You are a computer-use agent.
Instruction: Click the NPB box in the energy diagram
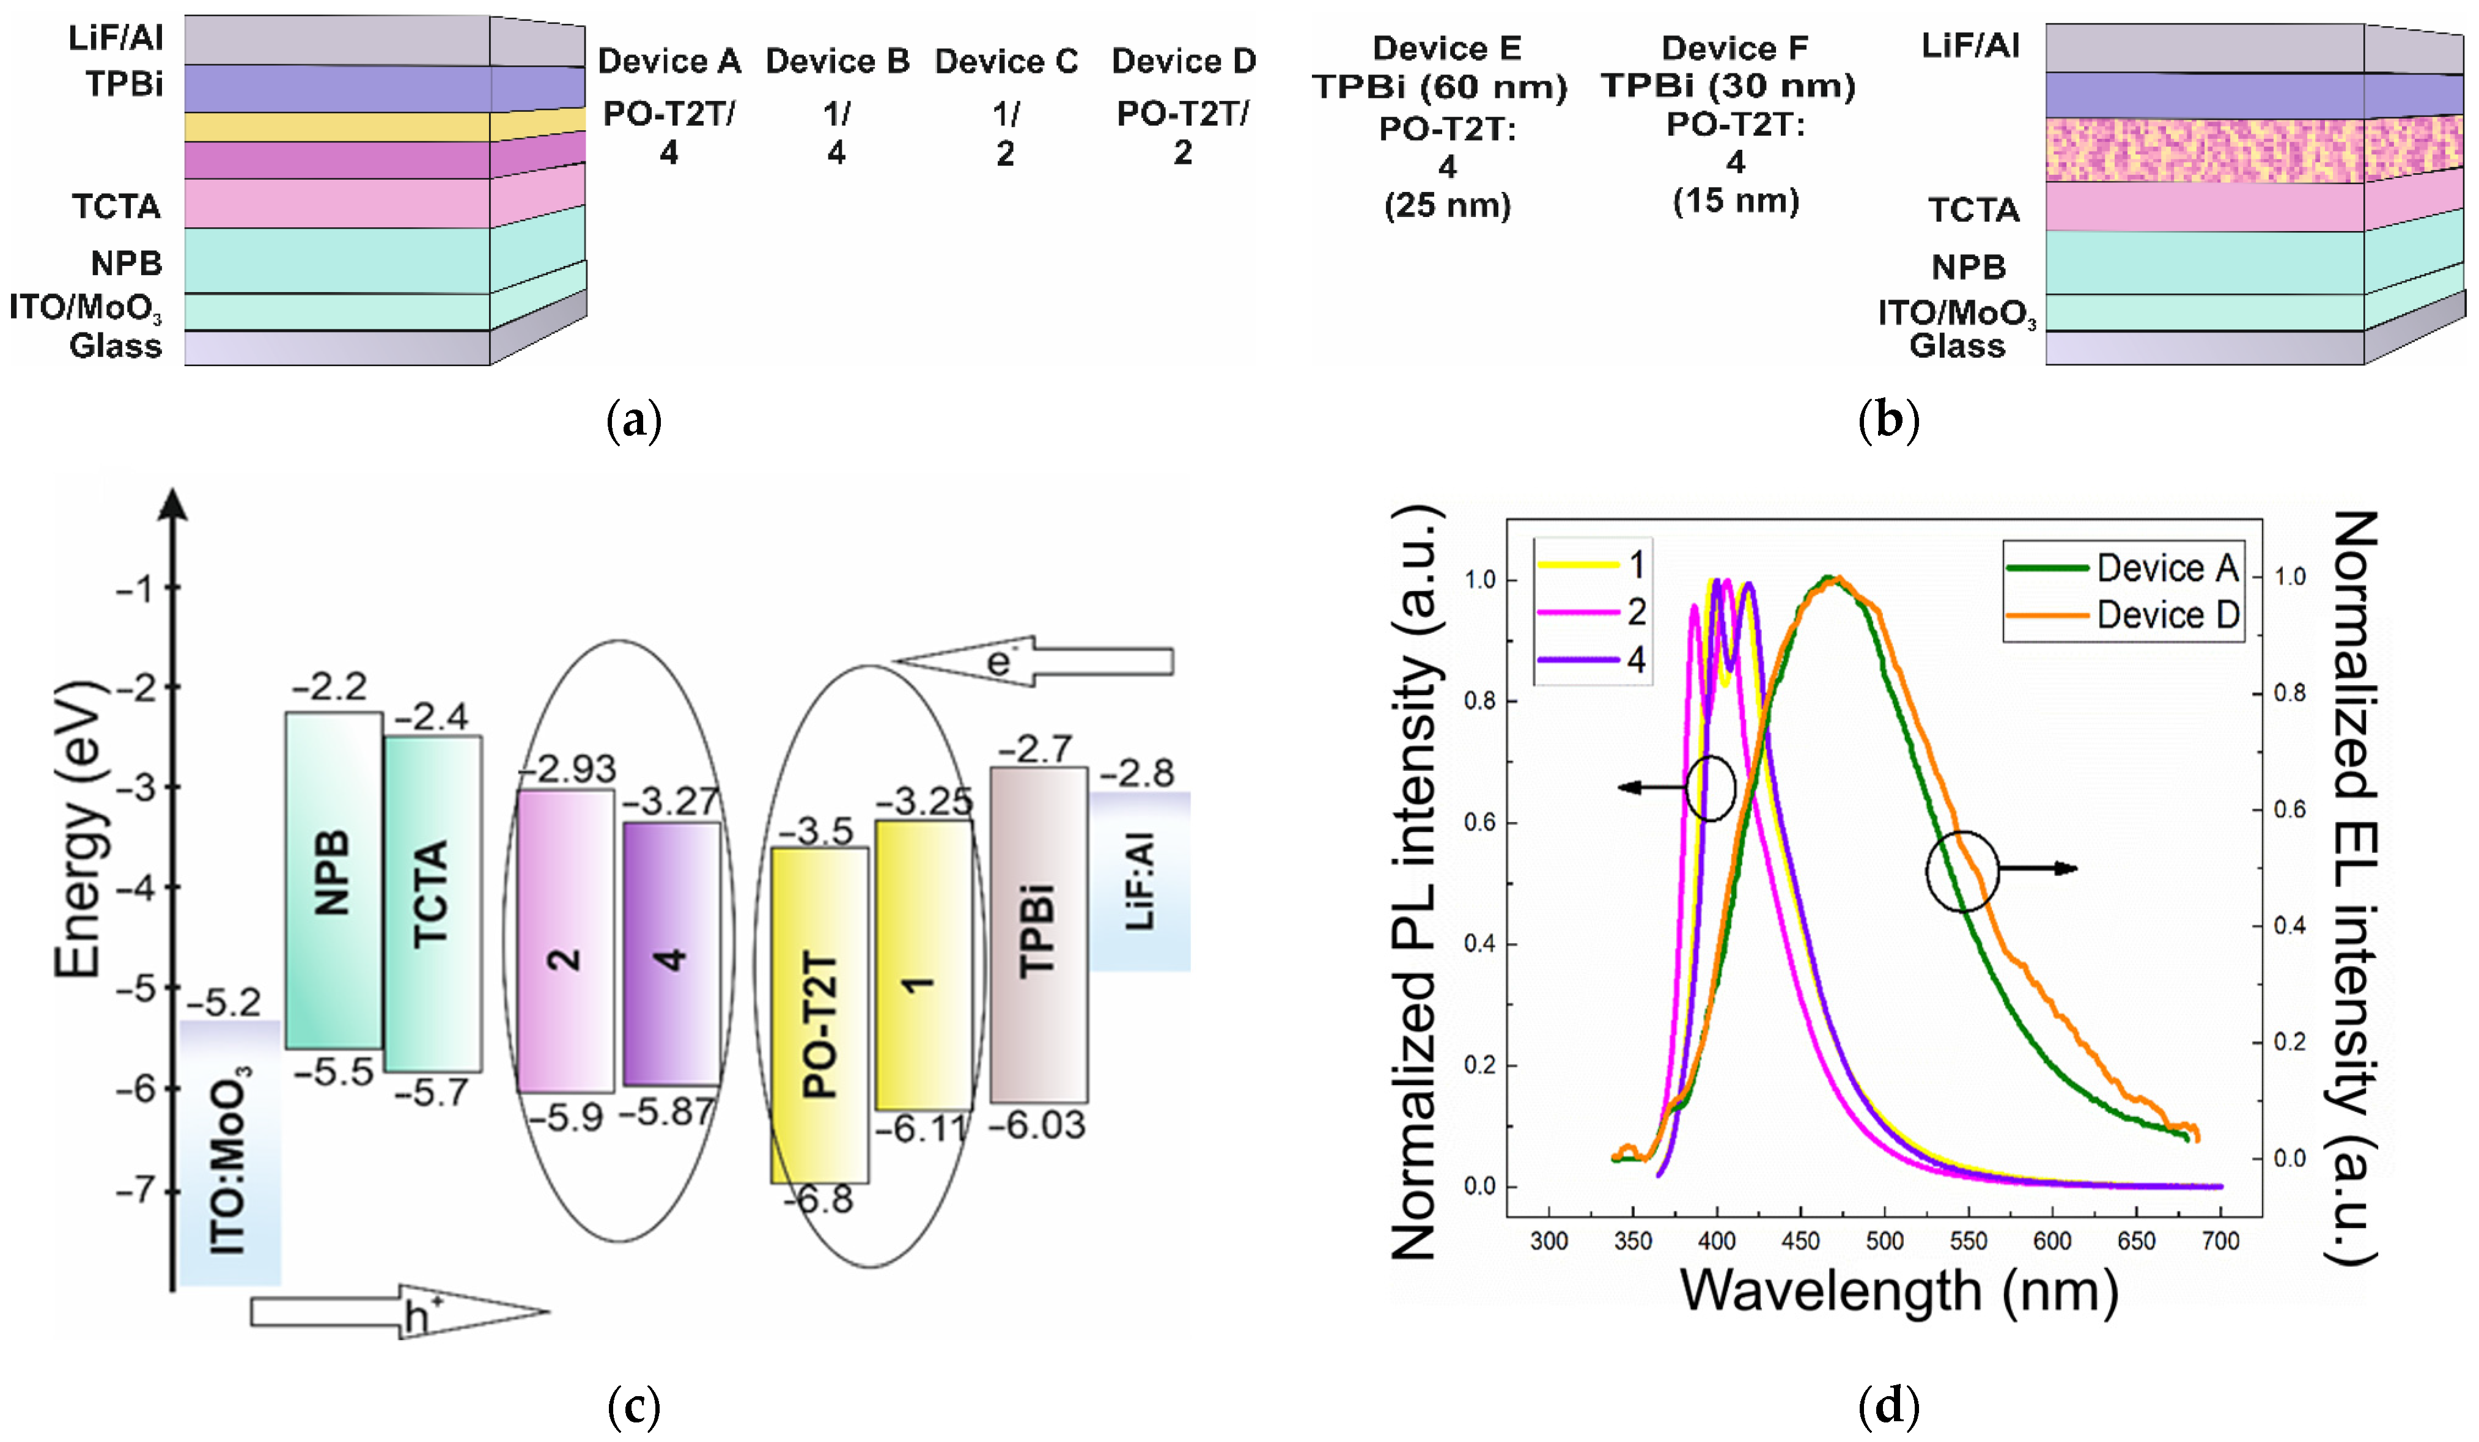pos(333,880)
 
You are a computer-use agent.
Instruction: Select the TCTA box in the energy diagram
pos(433,903)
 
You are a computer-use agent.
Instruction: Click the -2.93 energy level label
pos(569,768)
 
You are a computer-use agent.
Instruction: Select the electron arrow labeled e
pos(1033,660)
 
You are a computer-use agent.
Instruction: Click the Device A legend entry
pos(2125,567)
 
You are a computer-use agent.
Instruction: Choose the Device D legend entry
pos(2125,615)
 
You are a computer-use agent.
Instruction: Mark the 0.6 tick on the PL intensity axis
pos(1481,822)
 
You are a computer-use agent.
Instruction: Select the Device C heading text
pos(1006,62)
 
